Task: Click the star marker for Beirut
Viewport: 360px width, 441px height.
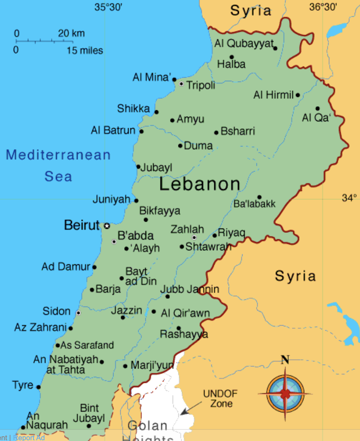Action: (107, 226)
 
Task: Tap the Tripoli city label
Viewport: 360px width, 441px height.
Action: (201, 85)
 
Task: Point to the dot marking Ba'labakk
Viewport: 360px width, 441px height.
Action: (259, 197)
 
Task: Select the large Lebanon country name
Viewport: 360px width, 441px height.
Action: (200, 184)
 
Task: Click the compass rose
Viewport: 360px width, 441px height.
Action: (285, 394)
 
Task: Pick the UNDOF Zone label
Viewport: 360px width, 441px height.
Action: (220, 398)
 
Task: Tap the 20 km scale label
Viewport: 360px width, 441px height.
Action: (71, 33)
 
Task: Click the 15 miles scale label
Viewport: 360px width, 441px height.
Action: (85, 51)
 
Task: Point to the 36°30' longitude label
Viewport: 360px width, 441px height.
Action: (323, 6)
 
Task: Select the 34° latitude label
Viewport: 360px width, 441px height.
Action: (350, 198)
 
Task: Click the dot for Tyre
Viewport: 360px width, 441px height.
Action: (39, 387)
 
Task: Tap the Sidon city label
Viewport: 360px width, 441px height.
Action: (57, 311)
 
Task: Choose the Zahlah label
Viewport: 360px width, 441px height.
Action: (187, 229)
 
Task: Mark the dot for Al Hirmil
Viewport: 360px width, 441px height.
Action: (297, 95)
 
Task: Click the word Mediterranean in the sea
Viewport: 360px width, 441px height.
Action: (58, 154)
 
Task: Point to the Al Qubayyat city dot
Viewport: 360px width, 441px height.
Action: (275, 48)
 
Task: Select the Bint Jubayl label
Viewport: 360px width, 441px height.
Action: (89, 413)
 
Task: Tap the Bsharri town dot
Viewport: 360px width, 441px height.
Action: (216, 133)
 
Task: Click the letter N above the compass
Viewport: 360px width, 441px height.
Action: (285, 360)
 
